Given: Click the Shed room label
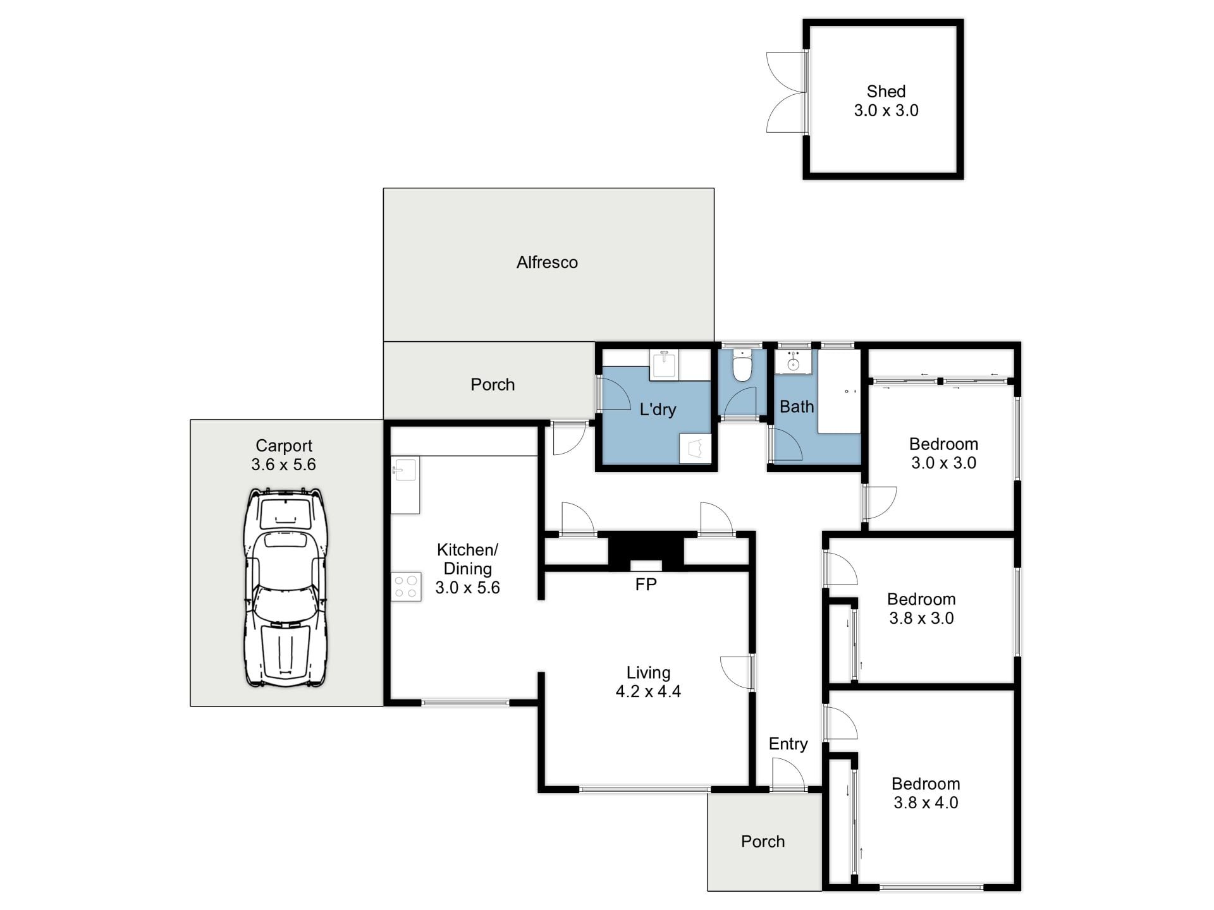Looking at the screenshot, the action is tap(886, 92).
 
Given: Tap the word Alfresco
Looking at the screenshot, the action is tap(547, 262).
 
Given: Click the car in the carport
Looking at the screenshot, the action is tap(286, 587).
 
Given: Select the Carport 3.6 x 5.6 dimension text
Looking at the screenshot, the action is tap(283, 464).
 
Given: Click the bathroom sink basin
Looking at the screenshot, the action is tap(793, 362).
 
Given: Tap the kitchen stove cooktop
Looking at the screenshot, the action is tap(406, 586).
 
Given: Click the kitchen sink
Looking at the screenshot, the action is tap(405, 470).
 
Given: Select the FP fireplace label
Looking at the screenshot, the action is tap(646, 585).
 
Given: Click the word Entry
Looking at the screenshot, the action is tap(788, 744).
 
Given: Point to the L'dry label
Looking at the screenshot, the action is tap(658, 409).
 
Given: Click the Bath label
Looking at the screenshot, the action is tap(797, 406).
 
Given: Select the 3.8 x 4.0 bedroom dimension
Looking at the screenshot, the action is tap(926, 803).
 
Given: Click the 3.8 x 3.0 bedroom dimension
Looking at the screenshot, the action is tap(921, 618).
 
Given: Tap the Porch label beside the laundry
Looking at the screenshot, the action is tap(493, 384).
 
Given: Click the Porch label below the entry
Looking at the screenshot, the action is tap(763, 841).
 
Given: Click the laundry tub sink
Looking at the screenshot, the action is tap(663, 365).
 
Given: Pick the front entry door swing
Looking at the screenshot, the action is tap(788, 774).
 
